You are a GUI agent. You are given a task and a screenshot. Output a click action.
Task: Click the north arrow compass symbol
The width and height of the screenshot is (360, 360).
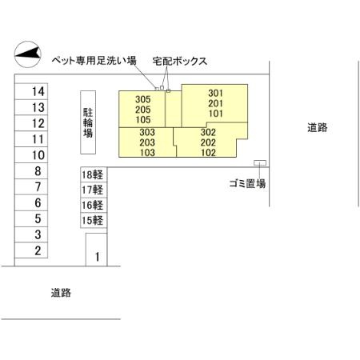[27, 54]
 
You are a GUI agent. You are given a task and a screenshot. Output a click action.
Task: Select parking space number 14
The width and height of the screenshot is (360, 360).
[31, 91]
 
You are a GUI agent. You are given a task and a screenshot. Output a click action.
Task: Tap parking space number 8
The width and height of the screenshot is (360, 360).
[31, 170]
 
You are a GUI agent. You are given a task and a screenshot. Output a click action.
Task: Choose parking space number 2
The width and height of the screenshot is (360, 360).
[31, 250]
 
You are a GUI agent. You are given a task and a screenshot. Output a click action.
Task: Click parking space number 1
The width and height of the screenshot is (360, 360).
[97, 250]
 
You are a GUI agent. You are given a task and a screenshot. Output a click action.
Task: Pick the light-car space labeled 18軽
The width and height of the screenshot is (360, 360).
[94, 174]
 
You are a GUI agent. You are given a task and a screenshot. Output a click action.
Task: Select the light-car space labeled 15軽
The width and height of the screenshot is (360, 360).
[94, 220]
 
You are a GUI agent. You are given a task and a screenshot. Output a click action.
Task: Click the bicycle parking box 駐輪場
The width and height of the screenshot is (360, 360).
[88, 122]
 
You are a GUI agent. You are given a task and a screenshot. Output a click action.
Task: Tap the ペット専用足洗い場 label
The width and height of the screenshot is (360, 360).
[94, 61]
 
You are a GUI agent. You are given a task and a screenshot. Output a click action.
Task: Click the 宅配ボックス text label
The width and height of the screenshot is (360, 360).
[180, 61]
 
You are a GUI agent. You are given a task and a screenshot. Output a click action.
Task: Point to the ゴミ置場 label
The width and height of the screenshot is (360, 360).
[247, 183]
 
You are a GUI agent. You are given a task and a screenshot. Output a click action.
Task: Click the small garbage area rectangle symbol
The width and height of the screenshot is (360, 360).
[260, 162]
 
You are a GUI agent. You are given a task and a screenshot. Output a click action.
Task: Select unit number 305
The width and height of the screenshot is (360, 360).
[143, 99]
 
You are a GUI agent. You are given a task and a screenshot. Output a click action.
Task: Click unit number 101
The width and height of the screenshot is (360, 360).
[215, 114]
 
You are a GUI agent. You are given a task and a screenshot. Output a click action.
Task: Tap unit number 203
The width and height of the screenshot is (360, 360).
[147, 142]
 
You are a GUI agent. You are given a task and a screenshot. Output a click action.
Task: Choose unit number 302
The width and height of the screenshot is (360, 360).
[208, 132]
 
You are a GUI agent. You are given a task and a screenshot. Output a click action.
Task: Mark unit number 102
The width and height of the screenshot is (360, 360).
[208, 153]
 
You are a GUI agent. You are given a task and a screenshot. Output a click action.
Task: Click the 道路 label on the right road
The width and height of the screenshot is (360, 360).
[318, 127]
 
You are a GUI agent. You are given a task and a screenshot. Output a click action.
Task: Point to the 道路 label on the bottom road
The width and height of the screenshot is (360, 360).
[61, 293]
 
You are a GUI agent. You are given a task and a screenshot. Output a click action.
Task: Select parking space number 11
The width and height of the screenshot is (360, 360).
[31, 139]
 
